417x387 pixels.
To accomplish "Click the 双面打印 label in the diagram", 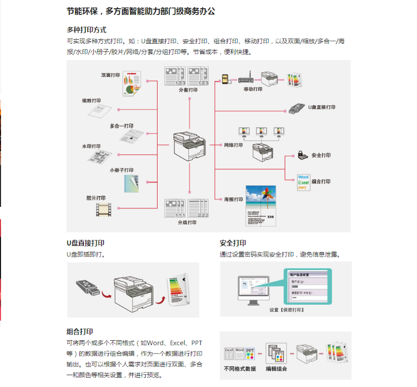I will click(x=110, y=75).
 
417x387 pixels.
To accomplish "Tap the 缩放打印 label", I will click(x=91, y=101).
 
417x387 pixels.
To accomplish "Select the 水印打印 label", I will click(x=91, y=146).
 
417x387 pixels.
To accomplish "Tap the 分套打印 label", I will click(x=188, y=90).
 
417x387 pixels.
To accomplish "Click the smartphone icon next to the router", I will click(x=225, y=79).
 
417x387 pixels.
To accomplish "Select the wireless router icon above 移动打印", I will click(x=245, y=79).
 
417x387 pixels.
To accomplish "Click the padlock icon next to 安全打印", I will click(x=302, y=154).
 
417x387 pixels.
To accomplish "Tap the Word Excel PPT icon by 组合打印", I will click(x=303, y=182).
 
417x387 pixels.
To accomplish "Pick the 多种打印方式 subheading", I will click(x=86, y=30).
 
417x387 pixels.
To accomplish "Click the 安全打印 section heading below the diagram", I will click(x=233, y=243).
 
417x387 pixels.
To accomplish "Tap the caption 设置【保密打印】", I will click(x=287, y=310).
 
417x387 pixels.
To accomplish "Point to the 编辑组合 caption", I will click(x=276, y=368).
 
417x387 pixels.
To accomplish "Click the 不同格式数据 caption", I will click(x=240, y=368).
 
